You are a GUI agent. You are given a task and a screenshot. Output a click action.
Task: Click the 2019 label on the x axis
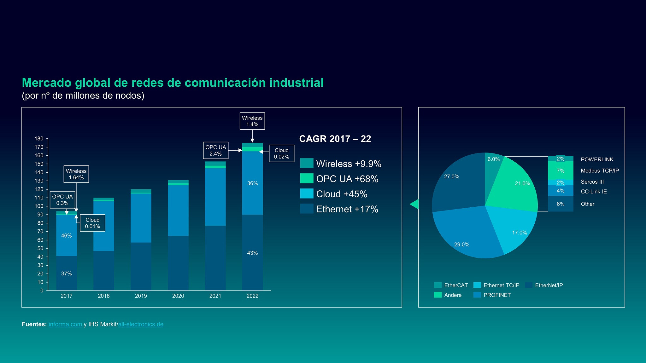(141, 296)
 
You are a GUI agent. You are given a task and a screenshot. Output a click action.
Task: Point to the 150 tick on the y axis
(39, 164)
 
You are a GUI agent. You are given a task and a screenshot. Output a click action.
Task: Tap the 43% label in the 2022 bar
(252, 253)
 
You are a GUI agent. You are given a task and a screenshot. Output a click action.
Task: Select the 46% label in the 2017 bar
(66, 236)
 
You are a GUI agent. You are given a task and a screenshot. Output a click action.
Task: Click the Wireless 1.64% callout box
(76, 174)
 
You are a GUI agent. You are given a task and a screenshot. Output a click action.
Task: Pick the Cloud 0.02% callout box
(281, 153)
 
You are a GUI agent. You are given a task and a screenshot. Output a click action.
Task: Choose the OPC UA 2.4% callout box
(215, 151)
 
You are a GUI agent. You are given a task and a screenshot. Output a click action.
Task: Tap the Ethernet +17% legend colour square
(307, 209)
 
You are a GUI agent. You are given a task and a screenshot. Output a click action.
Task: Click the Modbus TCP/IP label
(600, 171)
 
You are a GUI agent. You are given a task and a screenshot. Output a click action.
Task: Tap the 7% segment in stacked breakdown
(561, 171)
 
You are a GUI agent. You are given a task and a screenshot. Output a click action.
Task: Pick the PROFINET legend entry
(497, 295)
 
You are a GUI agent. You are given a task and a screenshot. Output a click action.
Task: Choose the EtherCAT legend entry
(455, 285)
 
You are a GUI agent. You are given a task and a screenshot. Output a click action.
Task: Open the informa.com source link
(65, 324)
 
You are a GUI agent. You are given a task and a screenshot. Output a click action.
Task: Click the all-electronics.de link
(141, 324)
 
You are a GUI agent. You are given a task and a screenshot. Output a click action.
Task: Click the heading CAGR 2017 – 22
(335, 139)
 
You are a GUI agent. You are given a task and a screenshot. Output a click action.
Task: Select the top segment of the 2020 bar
(178, 181)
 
